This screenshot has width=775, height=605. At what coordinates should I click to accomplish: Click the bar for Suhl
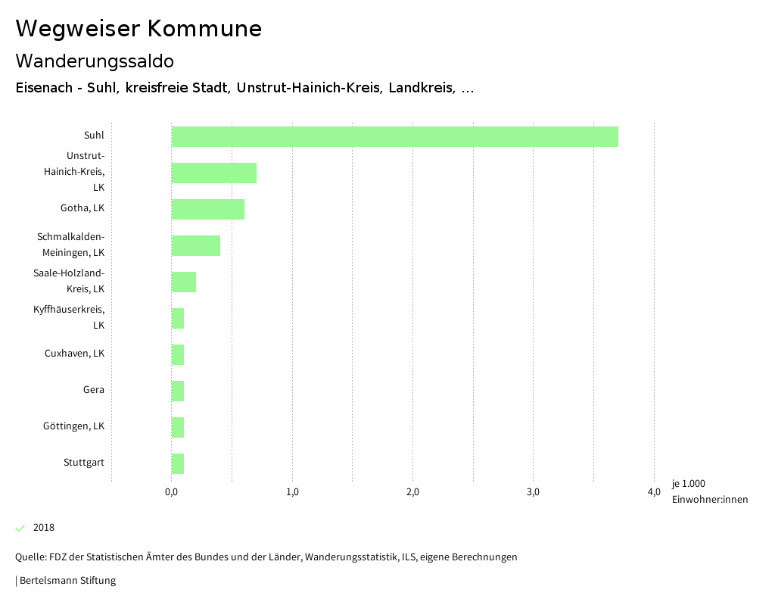click(x=394, y=136)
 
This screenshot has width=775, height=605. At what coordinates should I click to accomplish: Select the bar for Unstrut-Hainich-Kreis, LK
click(x=213, y=173)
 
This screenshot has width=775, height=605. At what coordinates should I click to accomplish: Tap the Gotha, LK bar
click(x=207, y=209)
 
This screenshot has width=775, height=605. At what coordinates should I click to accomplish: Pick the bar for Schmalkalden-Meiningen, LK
click(x=195, y=245)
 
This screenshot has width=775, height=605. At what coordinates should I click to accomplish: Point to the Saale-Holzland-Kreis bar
click(x=183, y=282)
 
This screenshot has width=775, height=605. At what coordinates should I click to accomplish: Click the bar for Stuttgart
click(x=178, y=463)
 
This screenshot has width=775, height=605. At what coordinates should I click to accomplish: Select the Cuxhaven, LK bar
click(x=178, y=354)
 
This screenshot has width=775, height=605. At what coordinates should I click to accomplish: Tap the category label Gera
click(x=94, y=390)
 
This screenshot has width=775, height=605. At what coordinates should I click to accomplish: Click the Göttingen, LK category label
click(x=73, y=426)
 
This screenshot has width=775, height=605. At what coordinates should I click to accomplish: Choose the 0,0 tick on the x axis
click(x=171, y=492)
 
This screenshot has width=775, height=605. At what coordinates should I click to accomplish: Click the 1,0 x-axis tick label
click(x=292, y=492)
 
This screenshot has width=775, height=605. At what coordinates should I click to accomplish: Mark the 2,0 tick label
click(x=412, y=492)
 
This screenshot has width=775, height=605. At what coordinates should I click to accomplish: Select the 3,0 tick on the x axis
click(x=533, y=492)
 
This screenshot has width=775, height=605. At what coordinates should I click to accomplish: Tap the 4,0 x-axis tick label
click(x=654, y=492)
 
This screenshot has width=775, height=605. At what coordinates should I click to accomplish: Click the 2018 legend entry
click(x=43, y=528)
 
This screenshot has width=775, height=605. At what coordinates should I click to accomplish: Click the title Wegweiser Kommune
click(x=139, y=29)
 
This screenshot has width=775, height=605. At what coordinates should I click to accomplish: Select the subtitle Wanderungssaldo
click(x=95, y=61)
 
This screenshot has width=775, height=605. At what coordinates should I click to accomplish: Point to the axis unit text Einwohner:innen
click(x=709, y=499)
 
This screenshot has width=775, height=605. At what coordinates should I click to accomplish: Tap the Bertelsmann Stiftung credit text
click(x=67, y=581)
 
